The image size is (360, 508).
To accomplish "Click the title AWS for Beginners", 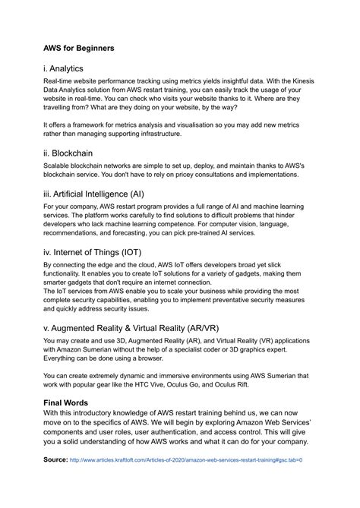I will [79, 48].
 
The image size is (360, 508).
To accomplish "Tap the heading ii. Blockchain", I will [75, 152].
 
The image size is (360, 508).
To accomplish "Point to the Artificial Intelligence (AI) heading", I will [104, 194].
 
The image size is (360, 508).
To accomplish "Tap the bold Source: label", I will [55, 460].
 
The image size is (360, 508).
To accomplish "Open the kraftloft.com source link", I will [186, 460].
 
